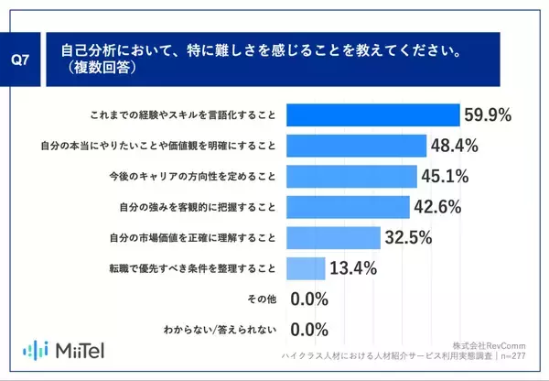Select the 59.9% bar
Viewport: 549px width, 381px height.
(x=372, y=114)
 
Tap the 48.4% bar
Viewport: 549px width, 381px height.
(x=356, y=146)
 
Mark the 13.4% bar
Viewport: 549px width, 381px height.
(x=306, y=268)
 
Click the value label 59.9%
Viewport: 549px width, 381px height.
(x=489, y=115)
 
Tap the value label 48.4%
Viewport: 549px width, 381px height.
(x=456, y=146)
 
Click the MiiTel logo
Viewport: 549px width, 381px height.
(x=62, y=350)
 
